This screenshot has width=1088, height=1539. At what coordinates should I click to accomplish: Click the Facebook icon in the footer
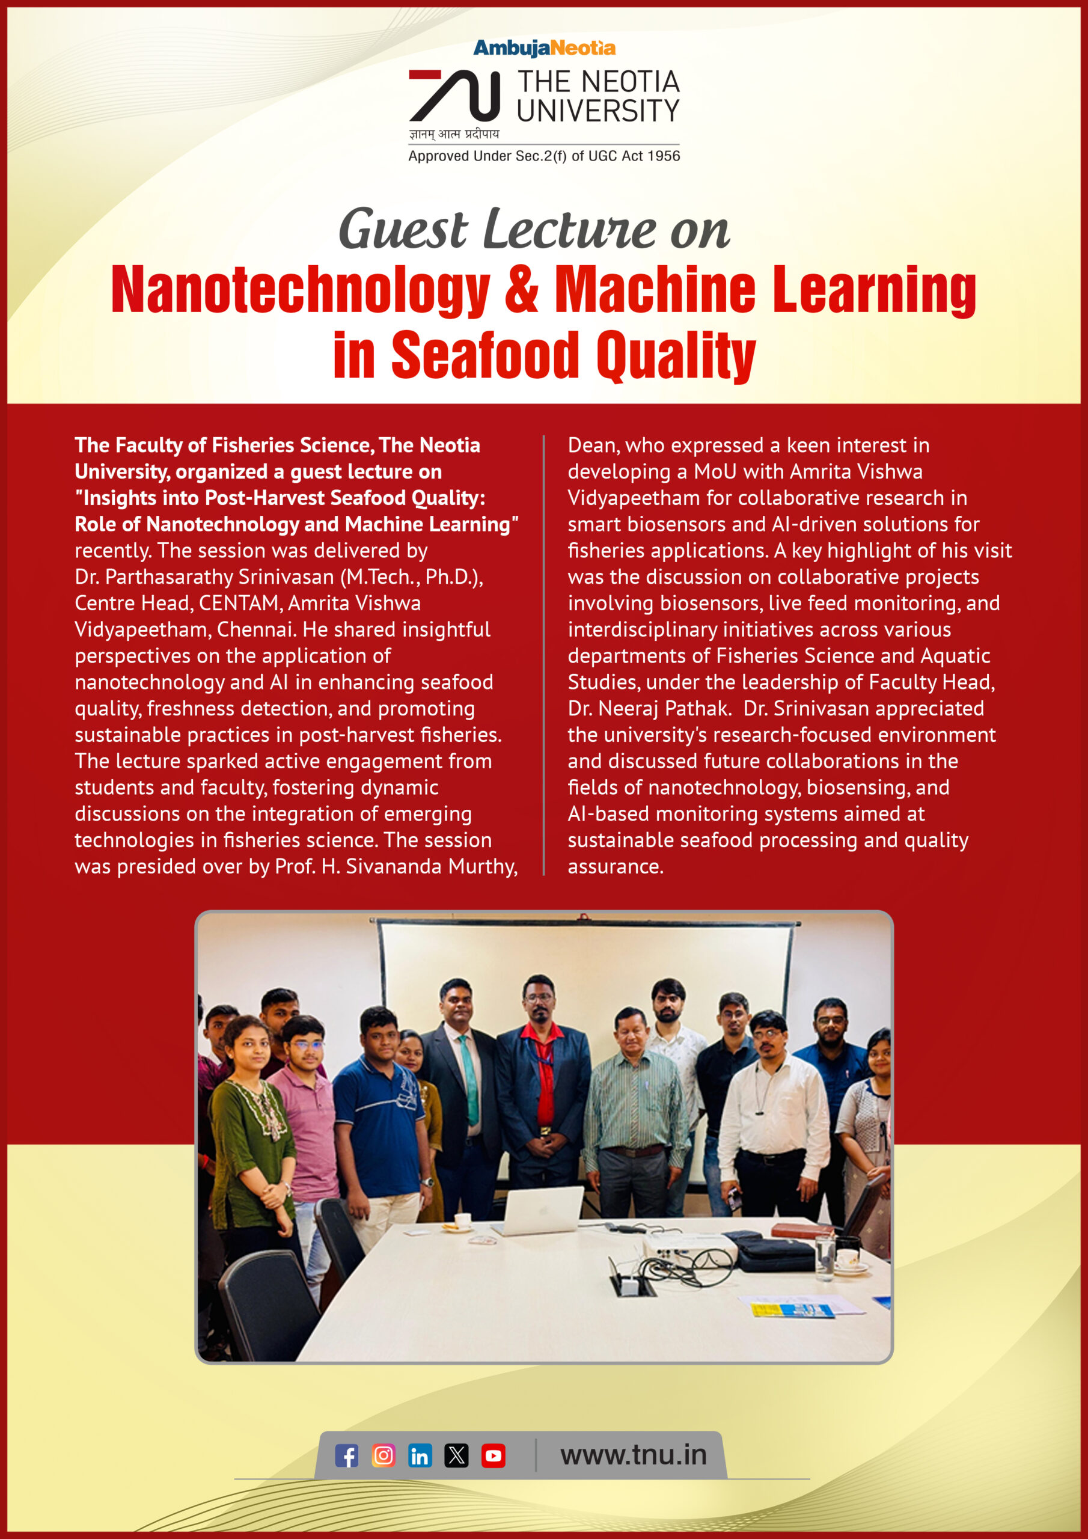347,1455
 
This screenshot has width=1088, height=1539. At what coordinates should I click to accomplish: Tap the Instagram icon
384,1455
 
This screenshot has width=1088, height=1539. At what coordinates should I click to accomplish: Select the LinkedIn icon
420,1455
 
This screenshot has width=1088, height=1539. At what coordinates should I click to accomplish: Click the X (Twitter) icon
456,1455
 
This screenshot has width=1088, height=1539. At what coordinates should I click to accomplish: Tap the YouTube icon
494,1455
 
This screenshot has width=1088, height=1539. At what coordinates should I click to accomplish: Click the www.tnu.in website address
634,1455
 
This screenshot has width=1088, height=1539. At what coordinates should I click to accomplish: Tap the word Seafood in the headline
484,355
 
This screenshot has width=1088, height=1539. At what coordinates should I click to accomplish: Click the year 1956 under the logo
664,156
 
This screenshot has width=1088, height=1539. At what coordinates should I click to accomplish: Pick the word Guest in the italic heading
402,230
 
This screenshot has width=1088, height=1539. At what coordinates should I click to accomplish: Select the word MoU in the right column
715,472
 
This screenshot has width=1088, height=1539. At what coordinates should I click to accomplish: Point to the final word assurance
615,867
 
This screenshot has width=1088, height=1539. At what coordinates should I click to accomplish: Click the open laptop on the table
539,1210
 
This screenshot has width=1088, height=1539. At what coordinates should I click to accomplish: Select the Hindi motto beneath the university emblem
454,134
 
